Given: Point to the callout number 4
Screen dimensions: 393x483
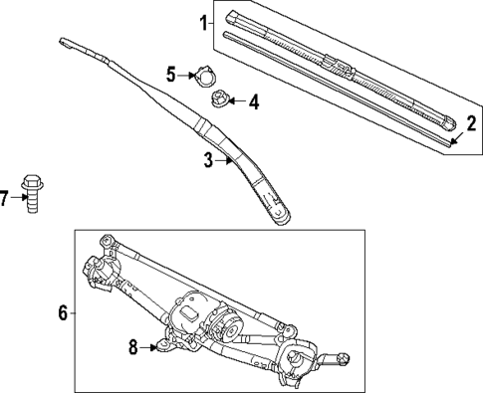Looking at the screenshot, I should pos(253,101).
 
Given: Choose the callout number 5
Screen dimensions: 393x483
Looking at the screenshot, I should pos(170,74).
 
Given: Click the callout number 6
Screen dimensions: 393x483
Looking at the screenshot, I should pos(62,313).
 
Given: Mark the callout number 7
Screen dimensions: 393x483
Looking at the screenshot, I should pos(6,198).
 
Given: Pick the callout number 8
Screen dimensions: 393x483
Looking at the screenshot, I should pos(132,346).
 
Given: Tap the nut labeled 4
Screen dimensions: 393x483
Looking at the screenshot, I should pos(219,98).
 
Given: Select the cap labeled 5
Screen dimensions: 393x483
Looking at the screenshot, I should pos(204,76).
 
